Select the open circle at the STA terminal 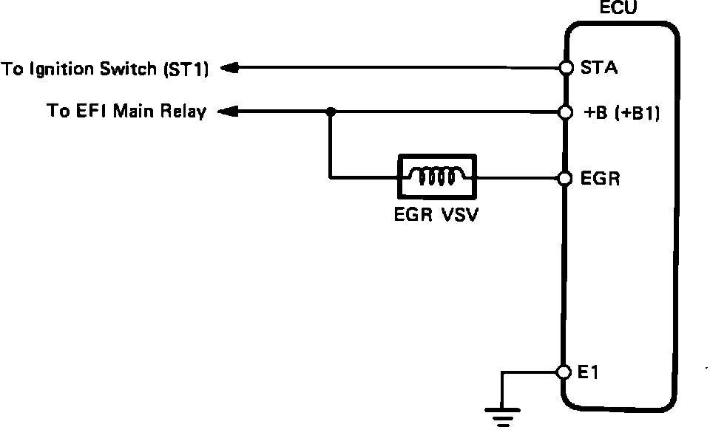pyautogui.click(x=567, y=68)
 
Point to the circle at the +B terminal pyautogui.click(x=567, y=112)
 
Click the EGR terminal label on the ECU pyautogui.click(x=600, y=179)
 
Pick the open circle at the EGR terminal pyautogui.click(x=567, y=178)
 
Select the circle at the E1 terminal pyautogui.click(x=566, y=372)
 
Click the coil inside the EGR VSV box pyautogui.click(x=437, y=177)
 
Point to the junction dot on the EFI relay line pyautogui.click(x=330, y=112)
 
